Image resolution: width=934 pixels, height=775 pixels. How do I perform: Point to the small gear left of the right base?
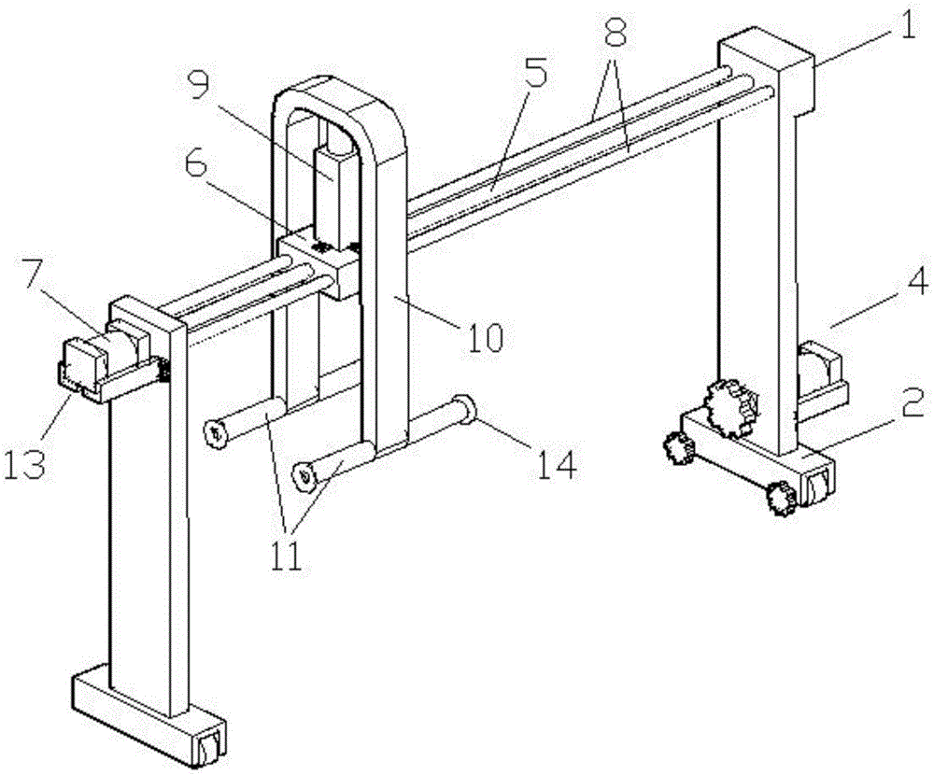click(679, 447)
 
